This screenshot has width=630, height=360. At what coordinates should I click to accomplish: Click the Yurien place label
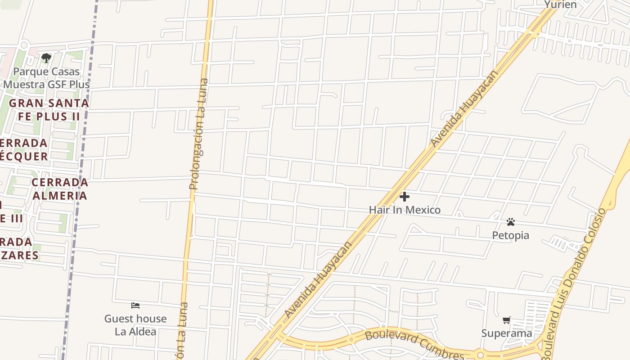pos(560,4)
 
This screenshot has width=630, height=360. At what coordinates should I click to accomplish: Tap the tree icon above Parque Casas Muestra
pos(46,58)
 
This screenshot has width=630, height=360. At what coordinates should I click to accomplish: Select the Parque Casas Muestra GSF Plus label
pos(47,78)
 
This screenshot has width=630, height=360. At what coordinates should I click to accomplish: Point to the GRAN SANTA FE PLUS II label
pos(49,109)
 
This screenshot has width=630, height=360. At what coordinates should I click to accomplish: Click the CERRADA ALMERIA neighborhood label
pos(60,189)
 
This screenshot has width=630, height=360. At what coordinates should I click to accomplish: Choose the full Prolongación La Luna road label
pos(199,134)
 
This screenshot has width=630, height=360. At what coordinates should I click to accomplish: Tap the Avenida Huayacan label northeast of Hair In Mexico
pos(464,108)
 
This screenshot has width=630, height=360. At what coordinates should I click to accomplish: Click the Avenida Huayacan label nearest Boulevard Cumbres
pos(318,280)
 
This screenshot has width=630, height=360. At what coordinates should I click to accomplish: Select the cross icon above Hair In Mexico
pos(405,197)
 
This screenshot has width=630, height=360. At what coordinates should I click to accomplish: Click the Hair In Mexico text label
pos(405,210)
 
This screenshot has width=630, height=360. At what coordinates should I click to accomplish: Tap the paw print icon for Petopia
pos(510,222)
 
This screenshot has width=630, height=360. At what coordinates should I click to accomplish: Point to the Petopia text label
pos(510,235)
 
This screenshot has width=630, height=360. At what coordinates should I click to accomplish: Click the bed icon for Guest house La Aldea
pos(135,306)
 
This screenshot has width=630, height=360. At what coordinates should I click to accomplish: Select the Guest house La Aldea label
pos(135,325)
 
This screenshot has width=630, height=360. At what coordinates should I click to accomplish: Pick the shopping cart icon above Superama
pos(507,320)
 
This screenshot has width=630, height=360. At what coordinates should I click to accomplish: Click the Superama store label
pos(507,333)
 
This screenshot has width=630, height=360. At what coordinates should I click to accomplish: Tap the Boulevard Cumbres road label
pos(414,344)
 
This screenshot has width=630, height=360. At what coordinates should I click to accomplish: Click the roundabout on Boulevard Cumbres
pos(480,355)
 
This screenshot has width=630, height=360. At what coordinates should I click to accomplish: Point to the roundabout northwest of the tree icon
pos(24,45)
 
